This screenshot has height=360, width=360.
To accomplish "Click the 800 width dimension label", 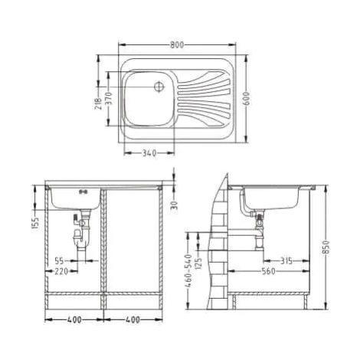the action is tap(177, 45).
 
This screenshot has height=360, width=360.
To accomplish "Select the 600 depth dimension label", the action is tap(247, 98).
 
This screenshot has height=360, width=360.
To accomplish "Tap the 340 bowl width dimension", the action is tap(149, 153).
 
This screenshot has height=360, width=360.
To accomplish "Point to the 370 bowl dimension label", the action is tap(109, 99).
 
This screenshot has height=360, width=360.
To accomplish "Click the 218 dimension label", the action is tap(98, 103).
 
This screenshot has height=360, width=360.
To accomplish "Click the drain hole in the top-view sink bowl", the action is tap(159, 87).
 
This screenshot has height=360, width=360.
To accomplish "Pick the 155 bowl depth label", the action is tap(35, 223).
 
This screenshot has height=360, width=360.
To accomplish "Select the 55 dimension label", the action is tap(59, 261).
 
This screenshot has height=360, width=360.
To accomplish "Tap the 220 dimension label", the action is tap(61, 271).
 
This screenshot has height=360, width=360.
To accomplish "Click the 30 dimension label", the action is tap(174, 205).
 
